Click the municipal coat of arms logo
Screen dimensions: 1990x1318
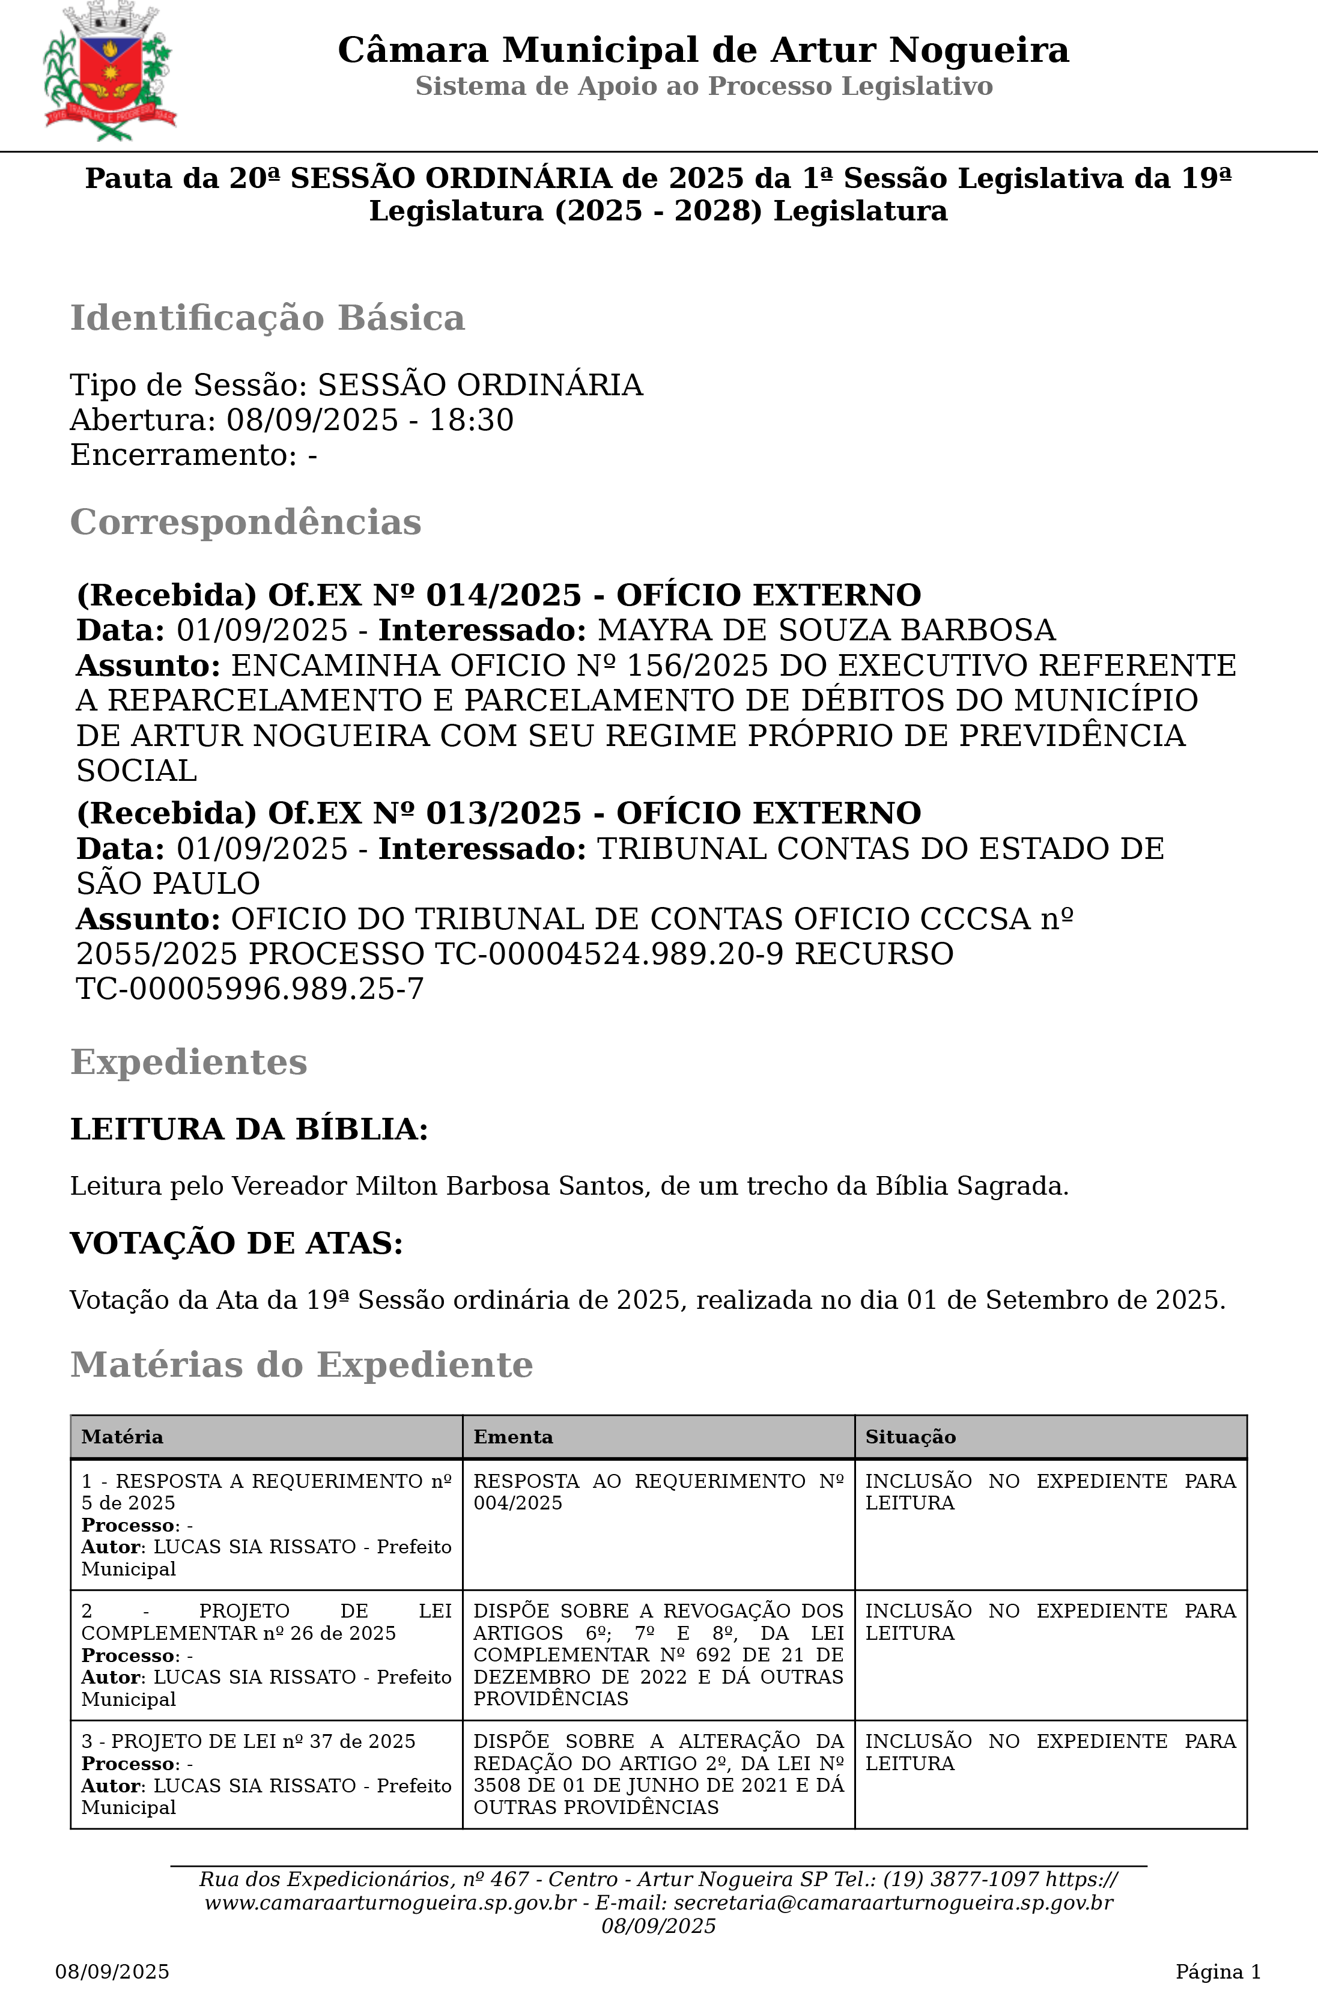pos(109,72)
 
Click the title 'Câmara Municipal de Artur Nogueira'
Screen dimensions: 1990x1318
pos(703,50)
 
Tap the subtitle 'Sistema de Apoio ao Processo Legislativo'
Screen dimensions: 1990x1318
pos(703,86)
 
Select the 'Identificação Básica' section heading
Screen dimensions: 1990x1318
pos(267,318)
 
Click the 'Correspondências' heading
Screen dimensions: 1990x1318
pos(246,522)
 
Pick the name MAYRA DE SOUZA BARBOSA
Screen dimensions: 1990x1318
pos(826,630)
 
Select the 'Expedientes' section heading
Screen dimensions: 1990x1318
pos(188,1062)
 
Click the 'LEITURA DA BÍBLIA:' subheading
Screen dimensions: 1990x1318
pos(249,1129)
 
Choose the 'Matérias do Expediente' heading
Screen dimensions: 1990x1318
pos(301,1365)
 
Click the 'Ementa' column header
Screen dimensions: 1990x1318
pos(513,1437)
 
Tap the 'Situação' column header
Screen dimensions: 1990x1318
pos(910,1437)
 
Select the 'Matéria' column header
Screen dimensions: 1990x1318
pos(122,1437)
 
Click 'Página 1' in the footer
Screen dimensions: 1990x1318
pos(1217,1971)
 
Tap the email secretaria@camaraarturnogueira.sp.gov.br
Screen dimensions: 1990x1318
pos(893,1902)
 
